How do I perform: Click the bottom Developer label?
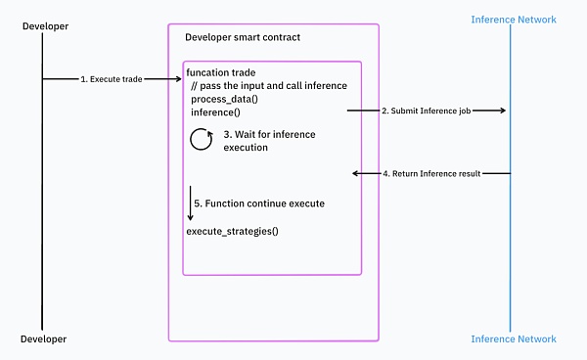44,339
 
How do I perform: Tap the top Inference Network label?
514,20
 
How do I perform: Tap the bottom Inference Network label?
514,339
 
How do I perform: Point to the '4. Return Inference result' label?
430,173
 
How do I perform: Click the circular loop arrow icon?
202,140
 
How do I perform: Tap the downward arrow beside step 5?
192,203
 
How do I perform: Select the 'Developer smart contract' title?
243,37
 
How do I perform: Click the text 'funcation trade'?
221,73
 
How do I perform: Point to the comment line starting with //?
268,86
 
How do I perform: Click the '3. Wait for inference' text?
270,134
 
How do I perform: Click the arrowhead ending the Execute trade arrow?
176,79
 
